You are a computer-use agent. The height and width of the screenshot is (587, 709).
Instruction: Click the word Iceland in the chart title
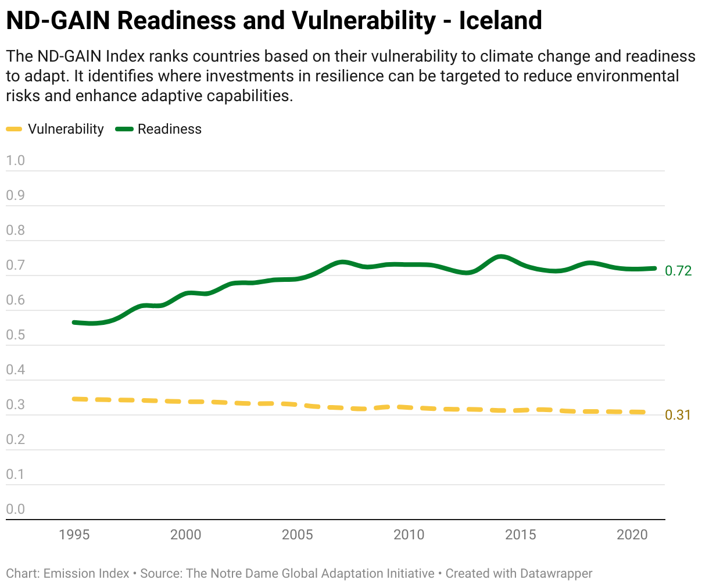(500, 21)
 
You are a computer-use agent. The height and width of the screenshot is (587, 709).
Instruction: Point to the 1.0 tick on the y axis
(16, 160)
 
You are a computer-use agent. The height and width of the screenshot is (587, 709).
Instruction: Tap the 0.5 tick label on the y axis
(16, 335)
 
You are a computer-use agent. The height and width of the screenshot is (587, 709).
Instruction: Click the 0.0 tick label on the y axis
(16, 509)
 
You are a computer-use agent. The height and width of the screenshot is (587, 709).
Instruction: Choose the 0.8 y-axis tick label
(16, 230)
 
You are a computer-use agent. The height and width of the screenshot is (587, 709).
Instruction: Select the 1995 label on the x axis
(74, 535)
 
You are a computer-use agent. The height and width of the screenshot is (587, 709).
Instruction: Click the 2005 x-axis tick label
(298, 535)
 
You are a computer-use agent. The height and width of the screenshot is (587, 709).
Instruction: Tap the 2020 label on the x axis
(632, 535)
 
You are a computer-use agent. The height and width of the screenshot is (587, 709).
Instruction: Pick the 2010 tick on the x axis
(409, 535)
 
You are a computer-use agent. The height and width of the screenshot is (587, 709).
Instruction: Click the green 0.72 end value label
(678, 271)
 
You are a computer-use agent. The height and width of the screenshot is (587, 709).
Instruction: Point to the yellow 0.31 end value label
(678, 415)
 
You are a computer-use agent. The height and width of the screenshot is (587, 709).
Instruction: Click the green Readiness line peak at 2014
(500, 256)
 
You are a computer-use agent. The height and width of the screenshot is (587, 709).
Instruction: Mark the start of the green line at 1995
(74, 322)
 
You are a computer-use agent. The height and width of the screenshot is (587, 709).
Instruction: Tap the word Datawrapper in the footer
(556, 574)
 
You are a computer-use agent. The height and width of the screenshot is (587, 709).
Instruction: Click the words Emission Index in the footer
(87, 574)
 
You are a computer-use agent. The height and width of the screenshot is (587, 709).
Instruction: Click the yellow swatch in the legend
(14, 129)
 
